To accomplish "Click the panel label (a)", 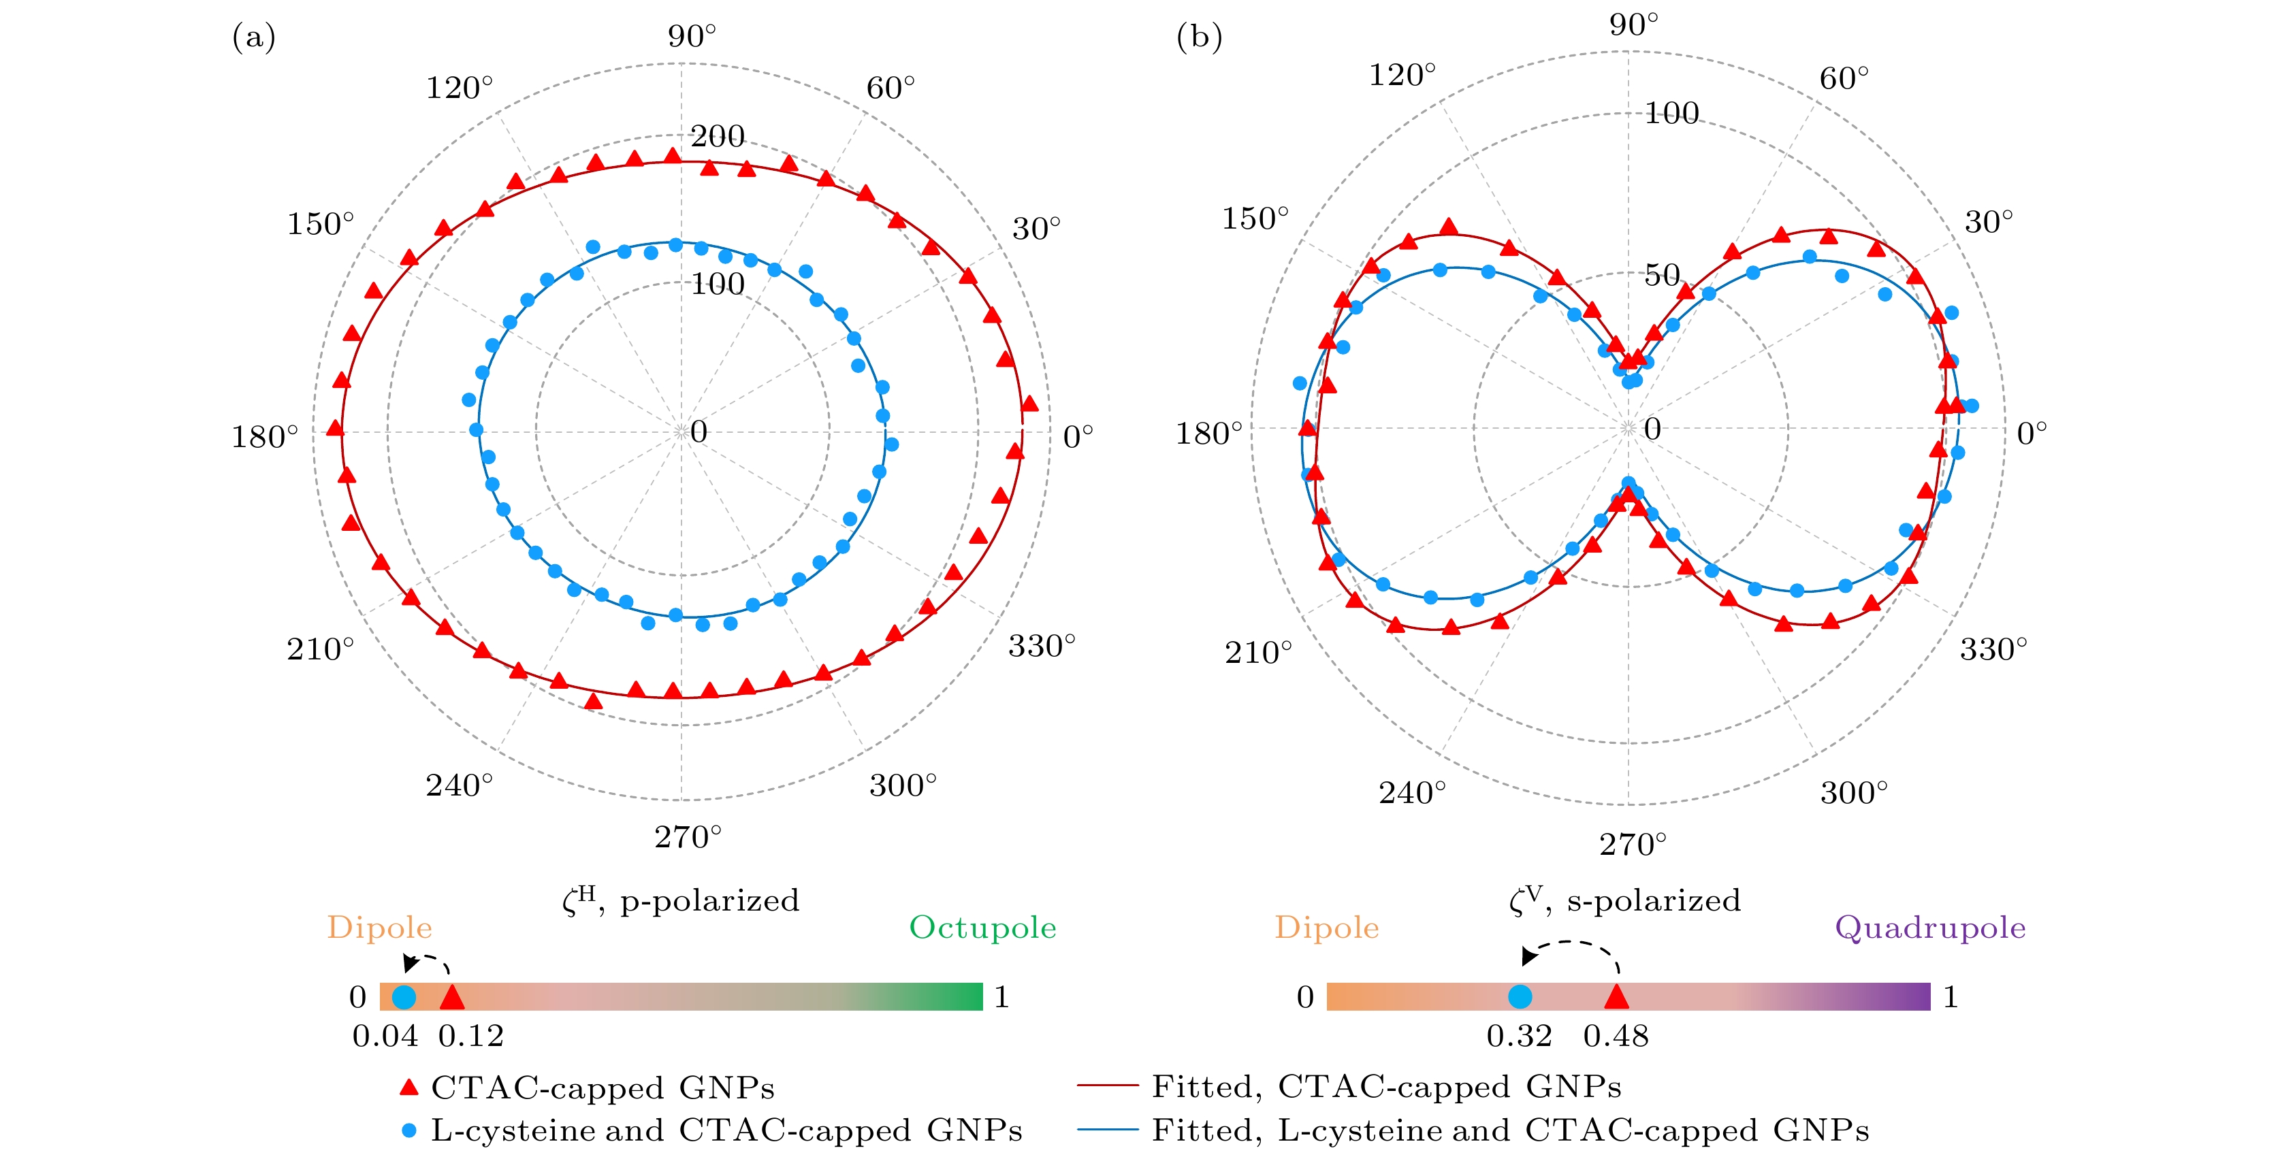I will (254, 37).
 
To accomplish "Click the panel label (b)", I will (1199, 37).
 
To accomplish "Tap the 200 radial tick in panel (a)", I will (717, 136).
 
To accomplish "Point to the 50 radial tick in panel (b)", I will (1662, 275).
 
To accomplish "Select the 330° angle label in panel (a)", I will (1042, 647).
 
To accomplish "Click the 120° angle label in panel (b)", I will (1402, 75).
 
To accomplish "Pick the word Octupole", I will (982, 928).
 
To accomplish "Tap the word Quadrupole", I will (1929, 928).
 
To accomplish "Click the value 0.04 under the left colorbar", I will (385, 1035).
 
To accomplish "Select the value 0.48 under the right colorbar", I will (1616, 1035).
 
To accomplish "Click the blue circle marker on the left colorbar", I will (403, 997).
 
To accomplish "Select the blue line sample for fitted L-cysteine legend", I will (1107, 1130).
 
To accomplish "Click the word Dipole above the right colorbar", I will (1326, 928).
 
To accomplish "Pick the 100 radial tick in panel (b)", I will (1671, 113).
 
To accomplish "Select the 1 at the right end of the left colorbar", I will (1001, 997).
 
